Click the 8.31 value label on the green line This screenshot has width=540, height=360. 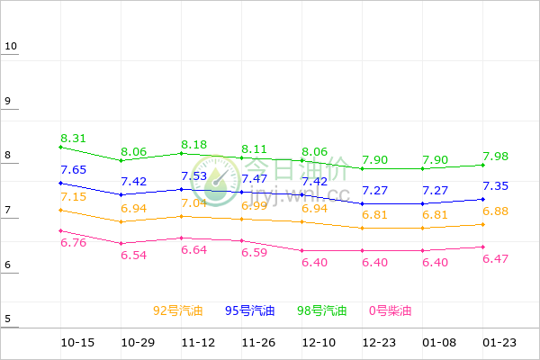(74, 138)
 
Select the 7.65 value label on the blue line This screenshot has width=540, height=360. (74, 169)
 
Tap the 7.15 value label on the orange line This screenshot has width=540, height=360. (74, 196)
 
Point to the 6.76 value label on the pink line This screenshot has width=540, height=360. (74, 242)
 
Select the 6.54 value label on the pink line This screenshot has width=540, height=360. (134, 256)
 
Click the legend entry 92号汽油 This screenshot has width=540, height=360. (177, 310)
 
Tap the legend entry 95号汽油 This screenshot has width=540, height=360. (249, 310)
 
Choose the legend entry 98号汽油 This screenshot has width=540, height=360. (321, 310)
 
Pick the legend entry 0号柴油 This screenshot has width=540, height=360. (390, 310)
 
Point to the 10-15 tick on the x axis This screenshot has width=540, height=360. (77, 343)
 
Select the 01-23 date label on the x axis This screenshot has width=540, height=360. (500, 343)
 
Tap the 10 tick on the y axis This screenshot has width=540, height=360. (10, 46)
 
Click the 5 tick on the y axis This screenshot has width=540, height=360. (7, 319)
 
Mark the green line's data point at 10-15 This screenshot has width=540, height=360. (59, 147)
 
